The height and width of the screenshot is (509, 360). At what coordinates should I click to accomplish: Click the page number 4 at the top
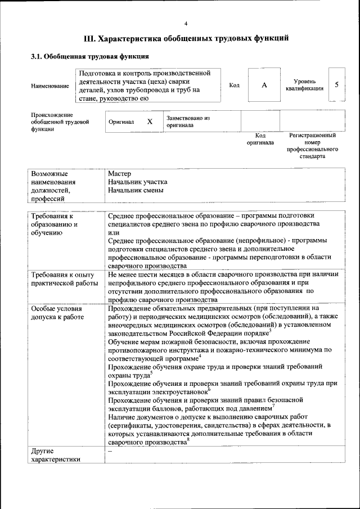tap(186, 23)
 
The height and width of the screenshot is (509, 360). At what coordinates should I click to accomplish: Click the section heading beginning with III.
tap(186, 39)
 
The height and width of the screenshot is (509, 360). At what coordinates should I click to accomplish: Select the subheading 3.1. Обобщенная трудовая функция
tap(89, 57)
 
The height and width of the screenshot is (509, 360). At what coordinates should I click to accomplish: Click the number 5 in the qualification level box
tap(336, 84)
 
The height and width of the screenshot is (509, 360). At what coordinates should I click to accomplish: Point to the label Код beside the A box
tap(235, 85)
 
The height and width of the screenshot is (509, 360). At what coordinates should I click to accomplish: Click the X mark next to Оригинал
tap(150, 121)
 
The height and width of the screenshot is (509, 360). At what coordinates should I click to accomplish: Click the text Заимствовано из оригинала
tap(187, 121)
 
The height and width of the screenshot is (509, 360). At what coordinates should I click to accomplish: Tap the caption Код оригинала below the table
tap(260, 139)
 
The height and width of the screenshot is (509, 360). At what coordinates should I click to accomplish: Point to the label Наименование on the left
tap(50, 85)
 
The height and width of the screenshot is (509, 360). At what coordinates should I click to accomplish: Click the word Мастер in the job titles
tap(119, 173)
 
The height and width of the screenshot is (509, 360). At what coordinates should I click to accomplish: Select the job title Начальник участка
tap(137, 182)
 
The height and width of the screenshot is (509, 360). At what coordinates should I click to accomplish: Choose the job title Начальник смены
tap(136, 190)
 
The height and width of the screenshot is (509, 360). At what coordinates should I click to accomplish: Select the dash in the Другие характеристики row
tap(110, 451)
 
